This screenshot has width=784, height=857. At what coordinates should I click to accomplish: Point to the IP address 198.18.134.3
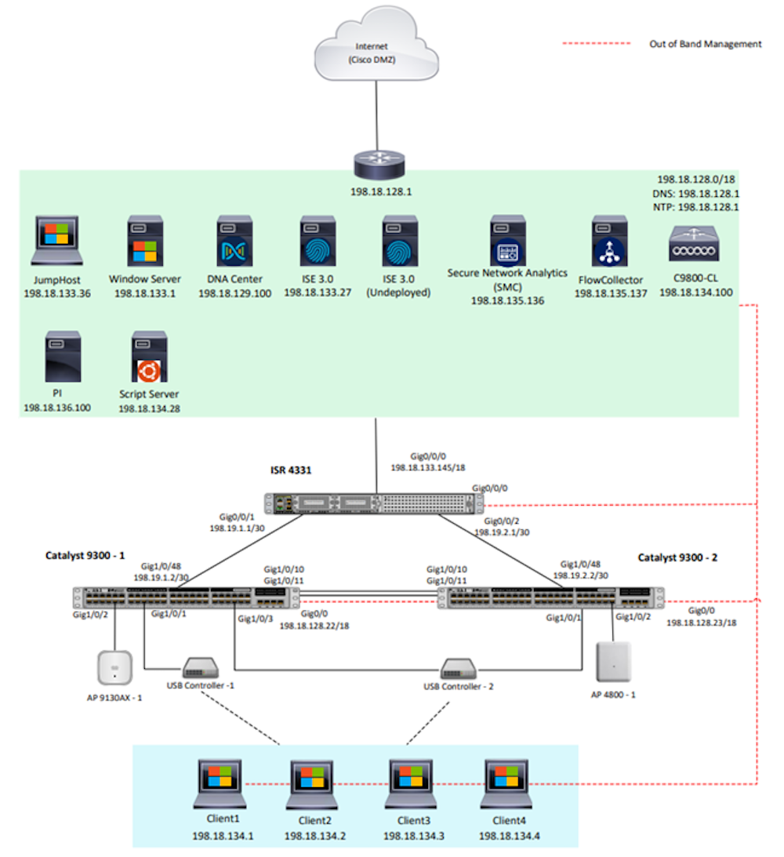click(413, 836)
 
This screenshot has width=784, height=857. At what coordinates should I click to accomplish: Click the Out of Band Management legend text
click(705, 44)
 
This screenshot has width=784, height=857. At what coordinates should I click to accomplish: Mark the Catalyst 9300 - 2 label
click(677, 558)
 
